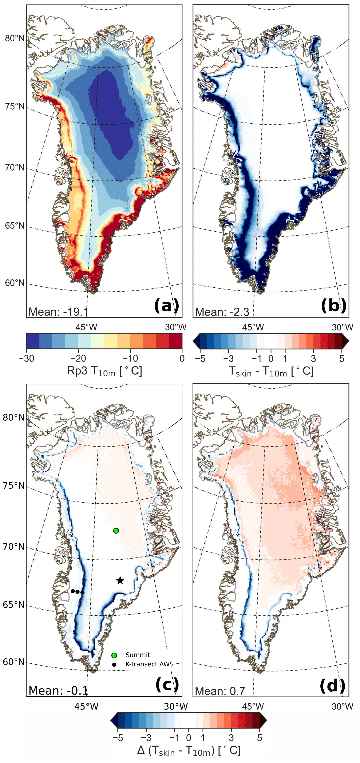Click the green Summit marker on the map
tap(116, 531)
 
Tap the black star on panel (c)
tap(120, 580)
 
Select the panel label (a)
tap(167, 305)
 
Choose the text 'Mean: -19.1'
tap(58, 312)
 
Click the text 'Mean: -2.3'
tap(222, 312)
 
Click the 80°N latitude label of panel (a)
tap(15, 39)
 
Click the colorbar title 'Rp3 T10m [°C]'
tap(104, 371)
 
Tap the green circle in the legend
tap(114, 655)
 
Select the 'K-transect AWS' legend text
tap(149, 664)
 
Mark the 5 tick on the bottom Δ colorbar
tap(260, 738)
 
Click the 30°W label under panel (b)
tap(342, 327)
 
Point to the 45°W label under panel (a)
tap(86, 327)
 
